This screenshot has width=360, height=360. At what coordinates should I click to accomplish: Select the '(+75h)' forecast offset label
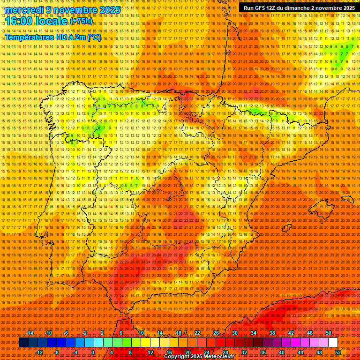click(x=81, y=21)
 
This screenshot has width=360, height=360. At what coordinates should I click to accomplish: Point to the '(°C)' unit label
click(x=94, y=37)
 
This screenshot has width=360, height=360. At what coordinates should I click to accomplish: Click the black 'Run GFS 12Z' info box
click(x=299, y=8)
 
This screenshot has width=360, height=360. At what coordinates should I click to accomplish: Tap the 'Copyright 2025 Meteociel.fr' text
click(x=199, y=357)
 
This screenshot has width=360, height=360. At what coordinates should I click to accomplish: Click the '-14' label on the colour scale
click(x=30, y=333)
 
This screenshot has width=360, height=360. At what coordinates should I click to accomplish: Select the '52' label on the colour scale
click(x=338, y=352)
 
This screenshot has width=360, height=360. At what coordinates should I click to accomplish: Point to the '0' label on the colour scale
click(x=93, y=352)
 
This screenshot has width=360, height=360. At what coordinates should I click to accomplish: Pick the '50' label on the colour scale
click(x=328, y=333)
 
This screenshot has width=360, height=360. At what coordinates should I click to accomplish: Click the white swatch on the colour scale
click(x=333, y=343)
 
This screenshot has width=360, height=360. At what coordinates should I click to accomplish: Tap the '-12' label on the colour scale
click(x=39, y=352)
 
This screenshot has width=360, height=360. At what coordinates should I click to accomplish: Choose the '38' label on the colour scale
click(x=272, y=333)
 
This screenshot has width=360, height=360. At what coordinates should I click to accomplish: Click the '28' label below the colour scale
click(x=225, y=352)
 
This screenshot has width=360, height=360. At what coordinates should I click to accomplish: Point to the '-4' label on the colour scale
click(x=75, y=352)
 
